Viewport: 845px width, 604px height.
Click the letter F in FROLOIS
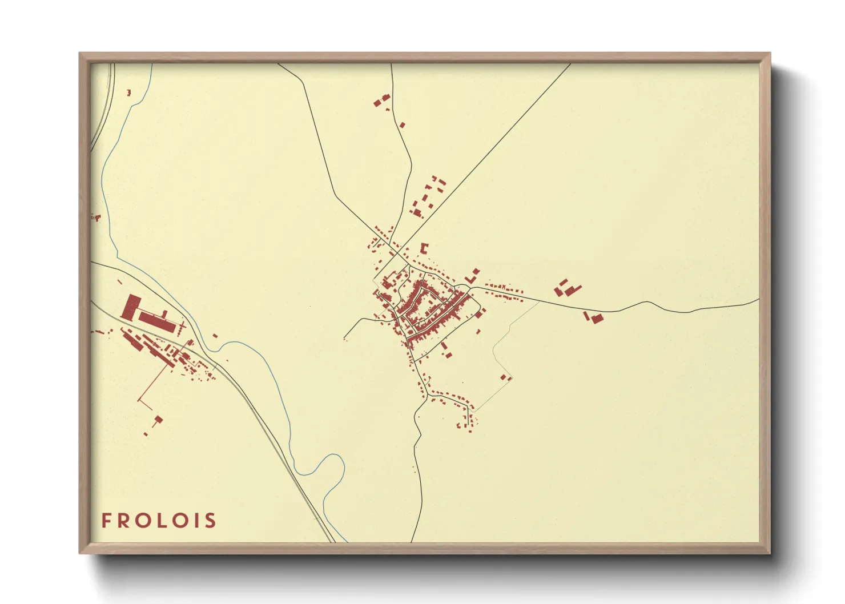tap(106, 520)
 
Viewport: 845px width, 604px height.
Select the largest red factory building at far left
tap(131, 307)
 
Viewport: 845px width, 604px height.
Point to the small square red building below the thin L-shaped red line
tap(158, 420)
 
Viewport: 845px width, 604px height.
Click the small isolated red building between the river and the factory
tap(215, 336)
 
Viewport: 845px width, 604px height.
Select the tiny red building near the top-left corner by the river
tap(129, 92)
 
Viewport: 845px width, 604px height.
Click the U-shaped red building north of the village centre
tap(424, 248)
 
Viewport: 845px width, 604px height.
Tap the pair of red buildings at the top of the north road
tap(381, 100)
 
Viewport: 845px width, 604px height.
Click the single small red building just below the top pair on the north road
tap(402, 124)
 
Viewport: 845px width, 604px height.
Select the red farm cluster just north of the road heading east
tap(567, 288)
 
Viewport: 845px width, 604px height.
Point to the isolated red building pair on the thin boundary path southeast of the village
tap(504, 377)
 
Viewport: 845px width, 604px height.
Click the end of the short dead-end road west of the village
tap(345, 339)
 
